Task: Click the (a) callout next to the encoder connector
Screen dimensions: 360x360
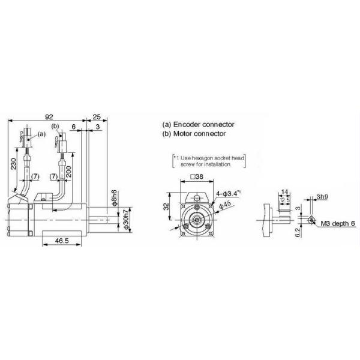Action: [41, 135]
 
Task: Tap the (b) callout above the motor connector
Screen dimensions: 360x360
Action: [55, 127]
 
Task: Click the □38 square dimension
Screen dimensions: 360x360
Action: [196, 177]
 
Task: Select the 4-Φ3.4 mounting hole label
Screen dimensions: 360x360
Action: [228, 193]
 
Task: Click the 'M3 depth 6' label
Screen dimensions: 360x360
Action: [338, 223]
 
